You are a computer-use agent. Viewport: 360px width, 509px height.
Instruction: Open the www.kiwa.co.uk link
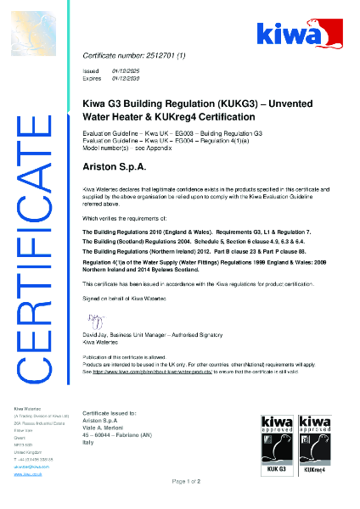(x=29, y=474)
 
